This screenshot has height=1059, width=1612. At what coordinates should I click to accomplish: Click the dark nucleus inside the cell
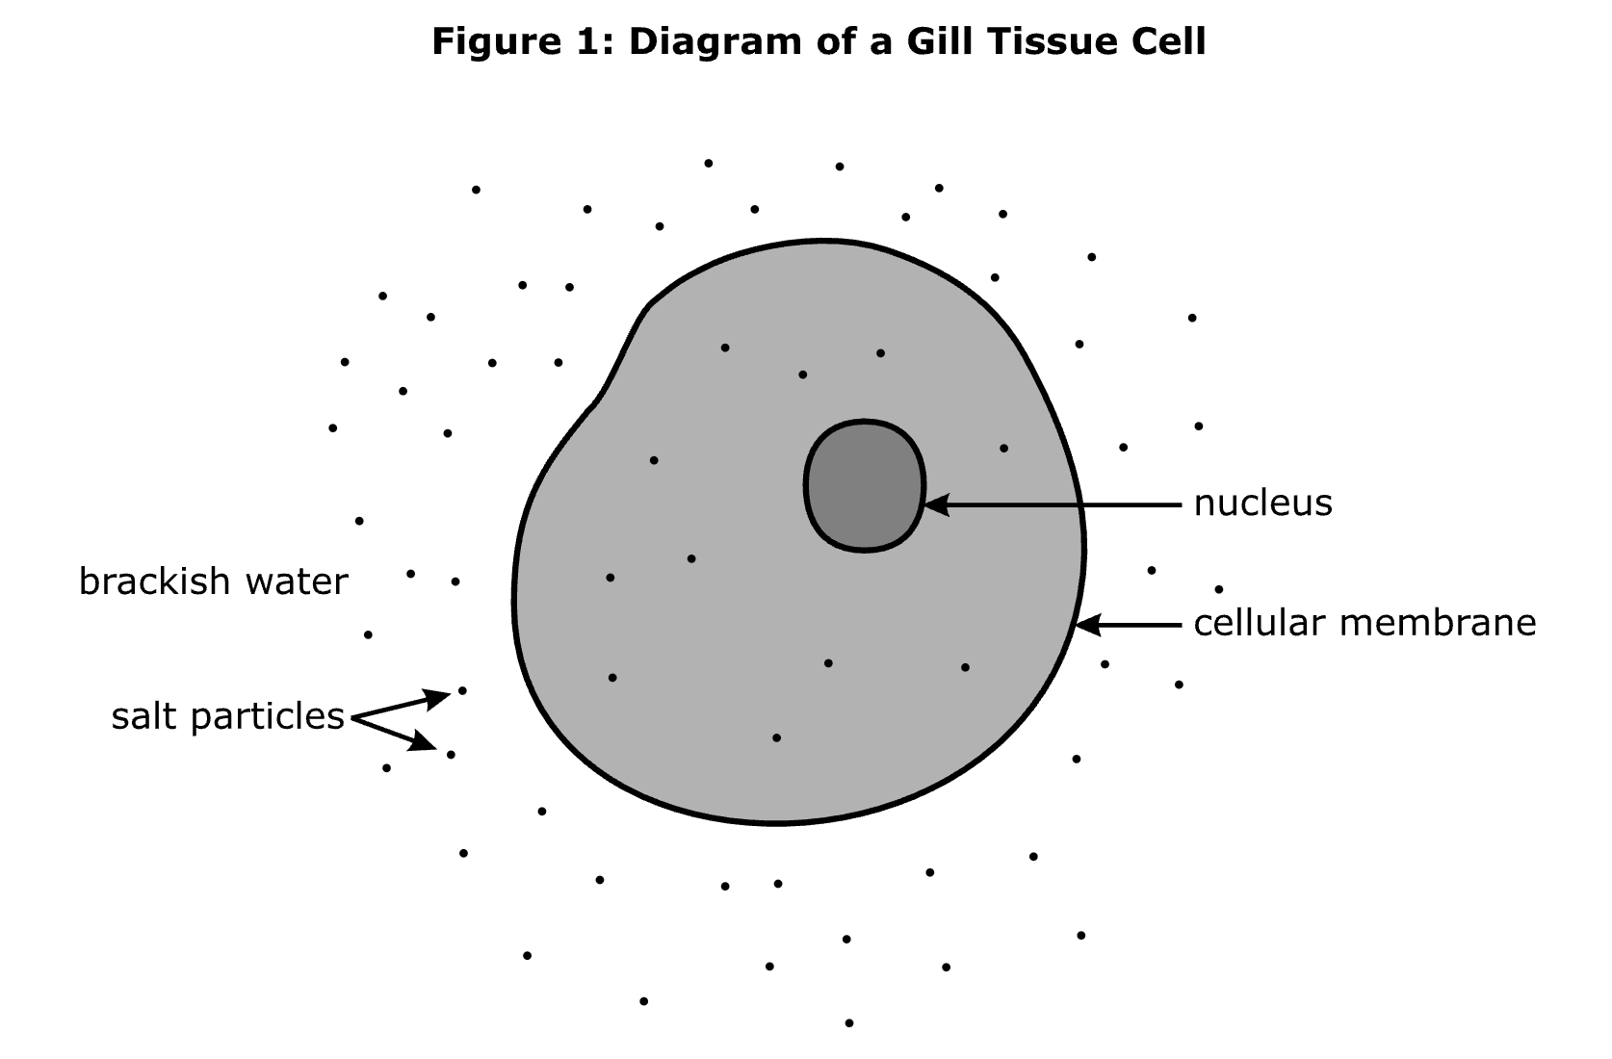point(864,486)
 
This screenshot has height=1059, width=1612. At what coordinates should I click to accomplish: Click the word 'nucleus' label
point(1262,504)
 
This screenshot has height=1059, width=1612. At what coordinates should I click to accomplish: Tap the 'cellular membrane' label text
point(1365,623)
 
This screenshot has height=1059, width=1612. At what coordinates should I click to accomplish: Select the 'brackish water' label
point(213,582)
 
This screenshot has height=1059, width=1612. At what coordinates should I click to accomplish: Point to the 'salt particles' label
point(227,716)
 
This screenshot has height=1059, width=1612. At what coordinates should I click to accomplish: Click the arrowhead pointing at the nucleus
point(935,504)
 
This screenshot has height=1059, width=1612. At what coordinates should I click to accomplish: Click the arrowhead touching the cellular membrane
point(1087,626)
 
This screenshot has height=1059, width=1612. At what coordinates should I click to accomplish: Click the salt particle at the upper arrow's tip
point(462,690)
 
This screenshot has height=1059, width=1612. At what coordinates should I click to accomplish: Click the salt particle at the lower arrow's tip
point(451,755)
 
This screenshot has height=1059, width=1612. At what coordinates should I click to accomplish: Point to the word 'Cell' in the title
point(1168,42)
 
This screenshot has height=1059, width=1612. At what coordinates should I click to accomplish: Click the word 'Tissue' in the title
point(1052,42)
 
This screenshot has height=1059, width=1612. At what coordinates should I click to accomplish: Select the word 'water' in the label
point(296,582)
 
